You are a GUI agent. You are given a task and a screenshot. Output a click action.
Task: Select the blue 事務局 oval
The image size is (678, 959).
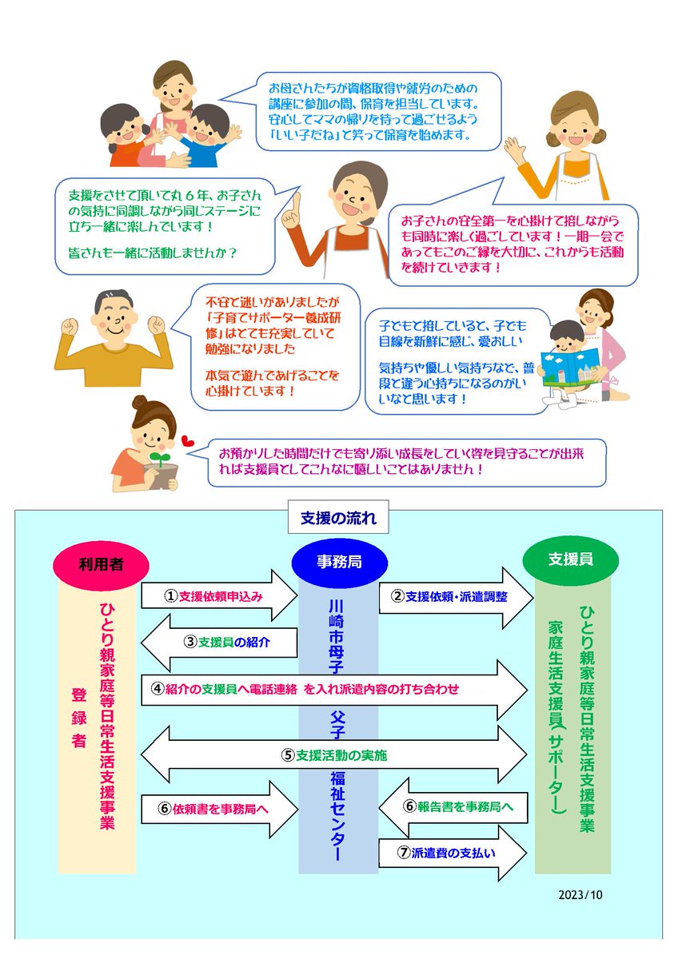point(338,562)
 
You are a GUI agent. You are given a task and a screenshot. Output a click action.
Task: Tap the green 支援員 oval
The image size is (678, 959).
point(570,560)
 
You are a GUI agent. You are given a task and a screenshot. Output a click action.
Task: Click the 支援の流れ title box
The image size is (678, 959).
point(338,519)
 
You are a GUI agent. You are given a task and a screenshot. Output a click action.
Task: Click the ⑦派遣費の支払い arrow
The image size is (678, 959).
point(453,852)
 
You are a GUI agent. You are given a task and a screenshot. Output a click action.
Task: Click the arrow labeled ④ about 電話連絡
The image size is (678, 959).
point(328,688)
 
